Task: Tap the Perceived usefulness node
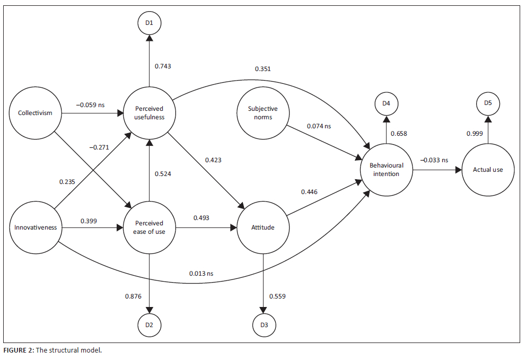point(150,112)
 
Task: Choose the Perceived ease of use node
point(150,227)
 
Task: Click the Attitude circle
point(263,228)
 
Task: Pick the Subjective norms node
point(263,112)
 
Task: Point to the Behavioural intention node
point(386,170)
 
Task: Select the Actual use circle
point(487,170)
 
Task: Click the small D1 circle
point(150,23)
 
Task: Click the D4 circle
point(386,103)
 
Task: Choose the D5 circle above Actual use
point(487,103)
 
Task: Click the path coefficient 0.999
point(475,134)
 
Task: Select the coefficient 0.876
point(133,296)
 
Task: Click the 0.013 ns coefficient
point(201,273)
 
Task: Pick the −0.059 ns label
point(90,105)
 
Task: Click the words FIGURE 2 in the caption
point(17,351)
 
